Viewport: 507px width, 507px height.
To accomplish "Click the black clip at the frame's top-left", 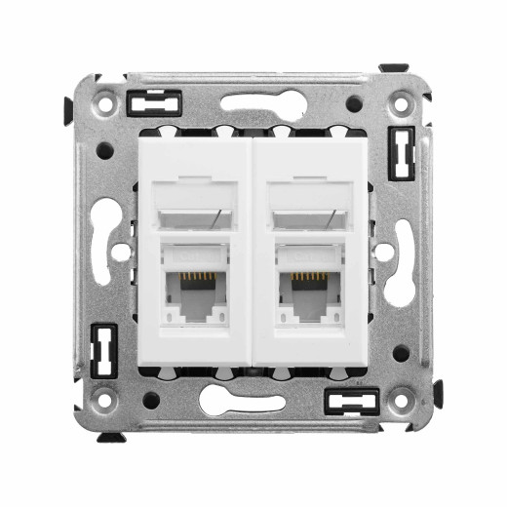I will tap(155, 99).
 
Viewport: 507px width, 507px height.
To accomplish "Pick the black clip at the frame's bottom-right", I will tap(350, 399).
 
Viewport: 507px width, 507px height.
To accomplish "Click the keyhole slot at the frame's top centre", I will tap(253, 100).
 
